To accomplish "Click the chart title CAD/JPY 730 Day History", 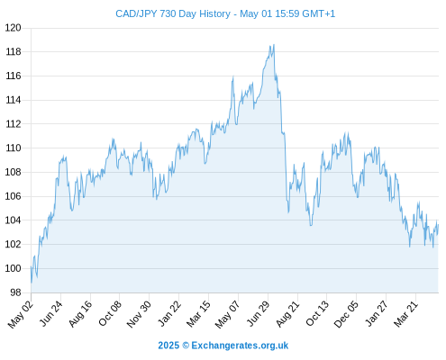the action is click(x=173, y=14).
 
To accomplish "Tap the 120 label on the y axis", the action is click(x=14, y=28).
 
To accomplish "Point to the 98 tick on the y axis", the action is click(x=16, y=292).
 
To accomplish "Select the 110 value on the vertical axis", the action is click(x=14, y=148).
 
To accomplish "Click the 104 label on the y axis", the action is click(x=14, y=220).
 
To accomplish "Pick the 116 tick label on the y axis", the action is click(x=14, y=76).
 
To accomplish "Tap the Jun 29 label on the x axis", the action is click(x=258, y=312).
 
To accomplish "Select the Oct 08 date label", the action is click(x=110, y=312).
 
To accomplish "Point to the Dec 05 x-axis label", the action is click(x=346, y=313).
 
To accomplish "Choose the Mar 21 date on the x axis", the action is click(x=405, y=313).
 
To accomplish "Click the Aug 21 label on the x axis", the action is click(x=287, y=313).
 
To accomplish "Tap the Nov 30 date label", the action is click(x=139, y=313).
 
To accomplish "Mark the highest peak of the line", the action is click(x=274, y=45).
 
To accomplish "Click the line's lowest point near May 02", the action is click(x=32, y=283).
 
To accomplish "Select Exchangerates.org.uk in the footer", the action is click(x=240, y=346).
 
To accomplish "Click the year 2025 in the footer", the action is click(x=168, y=346).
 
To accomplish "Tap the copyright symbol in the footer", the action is click(x=186, y=346).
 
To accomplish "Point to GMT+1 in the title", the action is click(x=318, y=13).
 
